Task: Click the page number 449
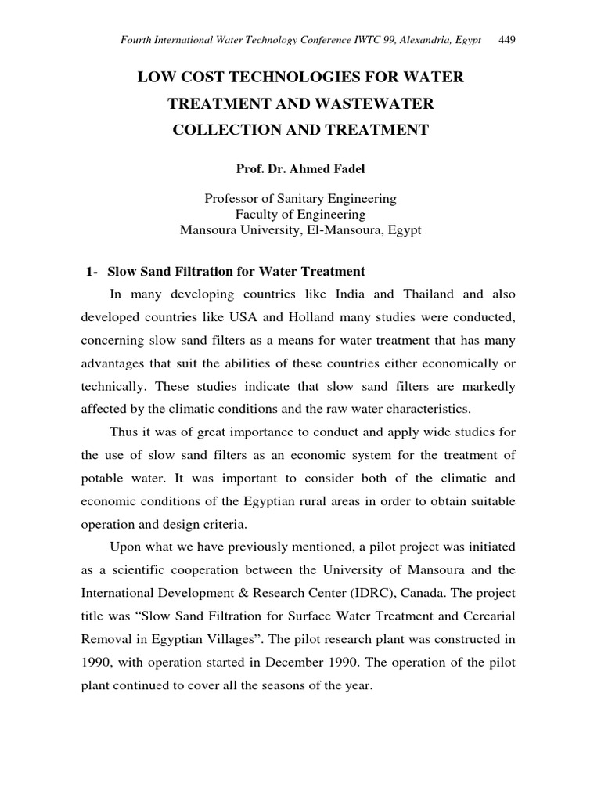point(506,39)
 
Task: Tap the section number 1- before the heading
point(92,272)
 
